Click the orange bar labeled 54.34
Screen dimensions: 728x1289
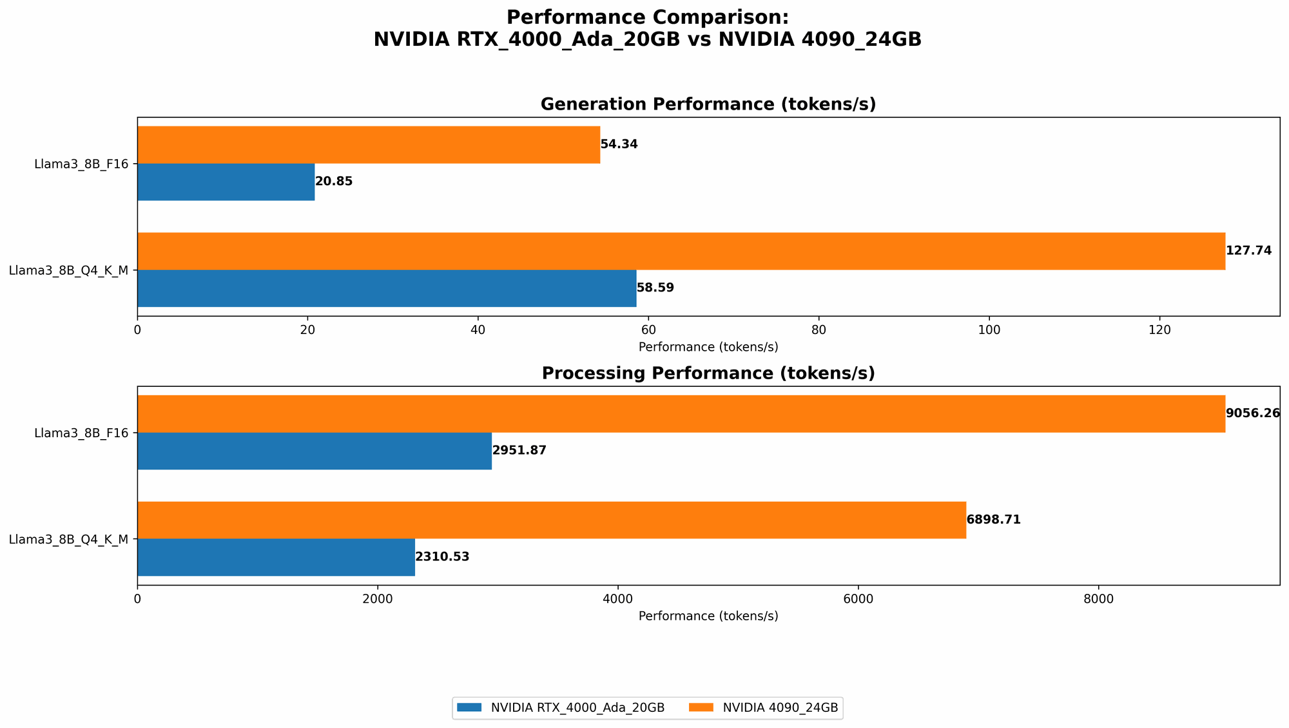(369, 144)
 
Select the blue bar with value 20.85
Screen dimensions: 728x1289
(226, 182)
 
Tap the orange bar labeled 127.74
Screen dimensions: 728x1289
(681, 251)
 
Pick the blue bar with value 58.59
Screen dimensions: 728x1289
(387, 288)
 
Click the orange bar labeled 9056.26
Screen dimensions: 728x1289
(681, 413)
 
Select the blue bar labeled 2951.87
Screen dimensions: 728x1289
(315, 451)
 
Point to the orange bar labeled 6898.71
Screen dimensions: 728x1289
(552, 520)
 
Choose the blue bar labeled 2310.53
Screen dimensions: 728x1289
(276, 557)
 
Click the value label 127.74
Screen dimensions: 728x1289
(1248, 251)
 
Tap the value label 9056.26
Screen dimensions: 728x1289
(1252, 413)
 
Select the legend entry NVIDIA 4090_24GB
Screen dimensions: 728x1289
(780, 708)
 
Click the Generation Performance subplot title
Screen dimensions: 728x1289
(708, 104)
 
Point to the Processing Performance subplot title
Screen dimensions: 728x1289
(708, 373)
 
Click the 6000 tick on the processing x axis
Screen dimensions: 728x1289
(858, 599)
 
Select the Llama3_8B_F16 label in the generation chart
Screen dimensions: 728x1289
(81, 164)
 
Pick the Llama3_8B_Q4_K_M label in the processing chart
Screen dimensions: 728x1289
(68, 539)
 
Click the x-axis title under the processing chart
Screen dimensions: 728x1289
(708, 616)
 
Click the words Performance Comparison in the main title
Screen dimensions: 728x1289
(647, 17)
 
